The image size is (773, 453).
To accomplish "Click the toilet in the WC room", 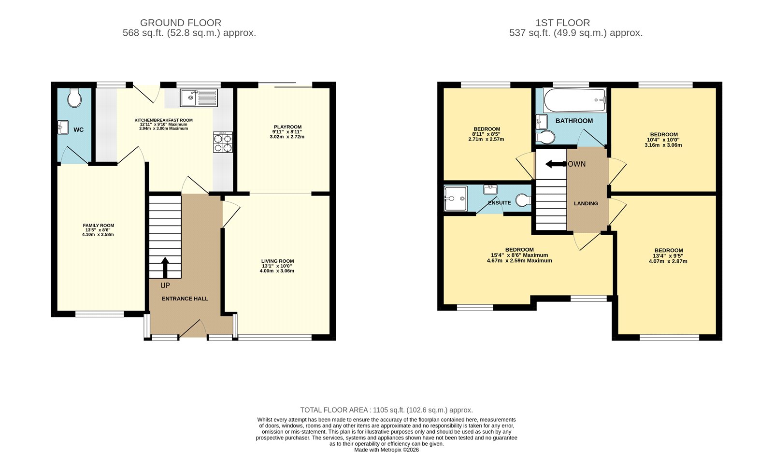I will [x=74, y=99].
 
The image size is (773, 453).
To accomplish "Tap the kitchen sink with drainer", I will [x=199, y=98].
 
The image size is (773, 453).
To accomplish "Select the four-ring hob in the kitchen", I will [x=223, y=142].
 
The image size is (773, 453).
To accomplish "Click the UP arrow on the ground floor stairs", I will [x=165, y=268].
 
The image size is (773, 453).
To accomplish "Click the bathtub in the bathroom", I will [x=574, y=100].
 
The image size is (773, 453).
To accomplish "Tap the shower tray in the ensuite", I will [x=456, y=198].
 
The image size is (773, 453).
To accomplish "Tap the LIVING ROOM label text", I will [x=277, y=261].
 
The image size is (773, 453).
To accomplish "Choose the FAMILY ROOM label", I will [x=98, y=226].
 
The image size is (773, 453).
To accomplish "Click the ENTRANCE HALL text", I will [x=185, y=299].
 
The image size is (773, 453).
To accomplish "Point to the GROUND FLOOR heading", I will [x=181, y=23].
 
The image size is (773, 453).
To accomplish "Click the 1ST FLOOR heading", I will [x=562, y=23].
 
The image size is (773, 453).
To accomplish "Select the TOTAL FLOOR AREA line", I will [x=386, y=410].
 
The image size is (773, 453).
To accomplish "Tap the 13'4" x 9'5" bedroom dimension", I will [x=668, y=256].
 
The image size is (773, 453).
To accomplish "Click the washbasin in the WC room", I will [x=63, y=127].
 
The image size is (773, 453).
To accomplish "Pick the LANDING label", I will [x=586, y=203].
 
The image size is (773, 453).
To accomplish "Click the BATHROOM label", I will [x=574, y=121].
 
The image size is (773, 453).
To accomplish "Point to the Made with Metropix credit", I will [x=386, y=450].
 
